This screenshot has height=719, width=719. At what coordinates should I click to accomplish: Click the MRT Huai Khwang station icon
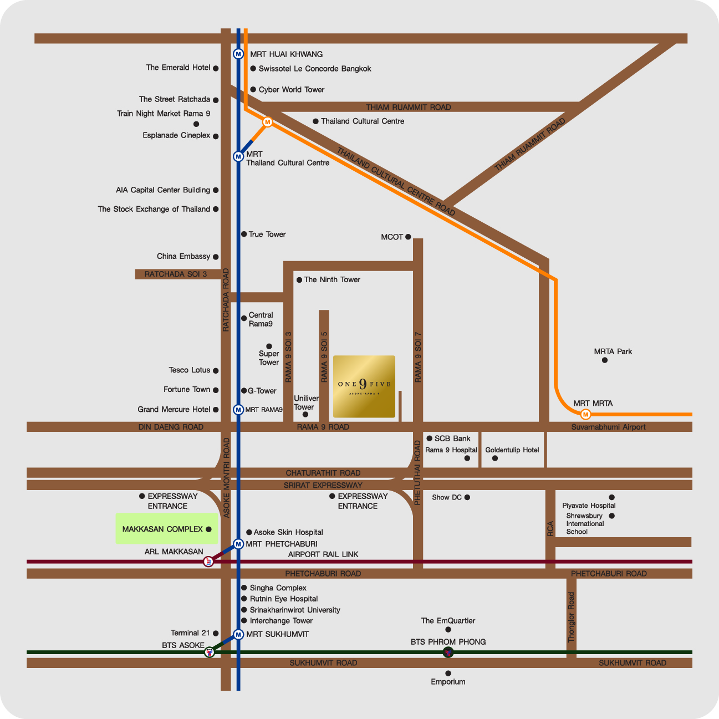coord(238,54)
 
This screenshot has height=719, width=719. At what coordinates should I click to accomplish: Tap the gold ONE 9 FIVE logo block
coord(364,386)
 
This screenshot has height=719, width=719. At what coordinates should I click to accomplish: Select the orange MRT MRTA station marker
coord(585,414)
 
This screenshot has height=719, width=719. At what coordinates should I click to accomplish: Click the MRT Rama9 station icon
coord(238,410)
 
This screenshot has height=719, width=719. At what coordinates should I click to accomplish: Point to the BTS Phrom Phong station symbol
coord(448,652)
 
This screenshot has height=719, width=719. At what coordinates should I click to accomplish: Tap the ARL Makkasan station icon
coord(208,562)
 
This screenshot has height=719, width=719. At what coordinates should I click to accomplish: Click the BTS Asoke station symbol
coord(209,652)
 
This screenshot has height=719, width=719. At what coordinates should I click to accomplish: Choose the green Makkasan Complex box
coord(166,529)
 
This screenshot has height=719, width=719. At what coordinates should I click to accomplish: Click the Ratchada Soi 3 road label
coord(175,274)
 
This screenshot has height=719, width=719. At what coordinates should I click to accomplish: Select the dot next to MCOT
coord(408,237)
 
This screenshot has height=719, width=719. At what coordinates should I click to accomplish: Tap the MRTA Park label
coord(613,351)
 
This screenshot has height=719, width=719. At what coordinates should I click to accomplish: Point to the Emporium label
coord(448,682)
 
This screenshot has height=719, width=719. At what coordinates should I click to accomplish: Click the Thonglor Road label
coord(572,617)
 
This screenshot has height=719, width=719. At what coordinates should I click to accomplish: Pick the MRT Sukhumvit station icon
coord(238,634)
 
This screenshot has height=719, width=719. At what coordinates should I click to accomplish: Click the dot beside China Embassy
coord(216,257)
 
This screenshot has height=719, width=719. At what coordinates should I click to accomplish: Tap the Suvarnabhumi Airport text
coord(608,427)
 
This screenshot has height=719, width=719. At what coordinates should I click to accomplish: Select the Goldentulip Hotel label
coord(512,450)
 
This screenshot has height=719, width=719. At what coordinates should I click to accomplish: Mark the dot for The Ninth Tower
coord(299,280)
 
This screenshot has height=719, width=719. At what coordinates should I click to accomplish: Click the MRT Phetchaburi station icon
coord(238,544)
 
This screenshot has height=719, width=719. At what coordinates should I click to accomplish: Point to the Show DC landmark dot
coord(467,497)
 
